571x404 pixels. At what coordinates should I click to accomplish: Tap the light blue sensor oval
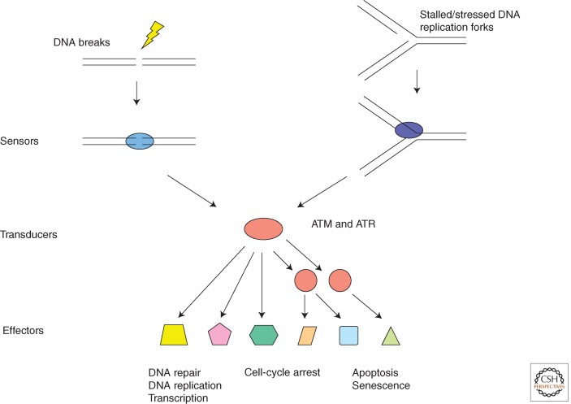click(139, 141)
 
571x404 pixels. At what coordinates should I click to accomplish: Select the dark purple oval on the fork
click(409, 131)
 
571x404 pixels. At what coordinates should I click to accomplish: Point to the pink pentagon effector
click(219, 333)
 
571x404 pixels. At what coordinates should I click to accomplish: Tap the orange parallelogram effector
click(307, 333)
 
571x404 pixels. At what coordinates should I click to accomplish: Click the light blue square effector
click(348, 333)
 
